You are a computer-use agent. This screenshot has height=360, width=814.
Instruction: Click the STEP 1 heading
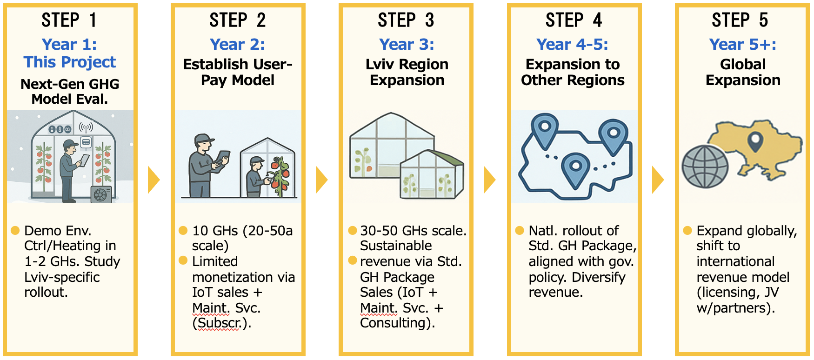[x=69, y=20]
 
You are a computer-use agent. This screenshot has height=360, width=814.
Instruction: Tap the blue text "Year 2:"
[x=237, y=44]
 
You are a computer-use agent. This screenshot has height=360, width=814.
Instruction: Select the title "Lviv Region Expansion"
[x=407, y=72]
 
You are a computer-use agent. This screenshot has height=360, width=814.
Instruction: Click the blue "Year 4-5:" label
[x=572, y=44]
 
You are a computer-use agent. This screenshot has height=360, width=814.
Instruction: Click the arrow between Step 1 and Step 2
[x=153, y=180]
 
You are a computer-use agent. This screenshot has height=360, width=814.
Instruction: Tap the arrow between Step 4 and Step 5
[x=657, y=180]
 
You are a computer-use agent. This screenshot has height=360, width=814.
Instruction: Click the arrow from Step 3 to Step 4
[x=489, y=180]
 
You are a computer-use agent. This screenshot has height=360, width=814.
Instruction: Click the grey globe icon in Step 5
[x=705, y=167]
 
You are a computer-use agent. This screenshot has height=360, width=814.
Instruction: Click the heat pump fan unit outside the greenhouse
[x=101, y=194]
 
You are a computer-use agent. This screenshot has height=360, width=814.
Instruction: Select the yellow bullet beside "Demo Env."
[x=15, y=230]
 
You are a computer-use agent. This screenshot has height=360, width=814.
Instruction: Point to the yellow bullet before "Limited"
[x=183, y=260]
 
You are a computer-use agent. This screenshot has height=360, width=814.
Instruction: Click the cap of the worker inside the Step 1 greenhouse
[x=70, y=143]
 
